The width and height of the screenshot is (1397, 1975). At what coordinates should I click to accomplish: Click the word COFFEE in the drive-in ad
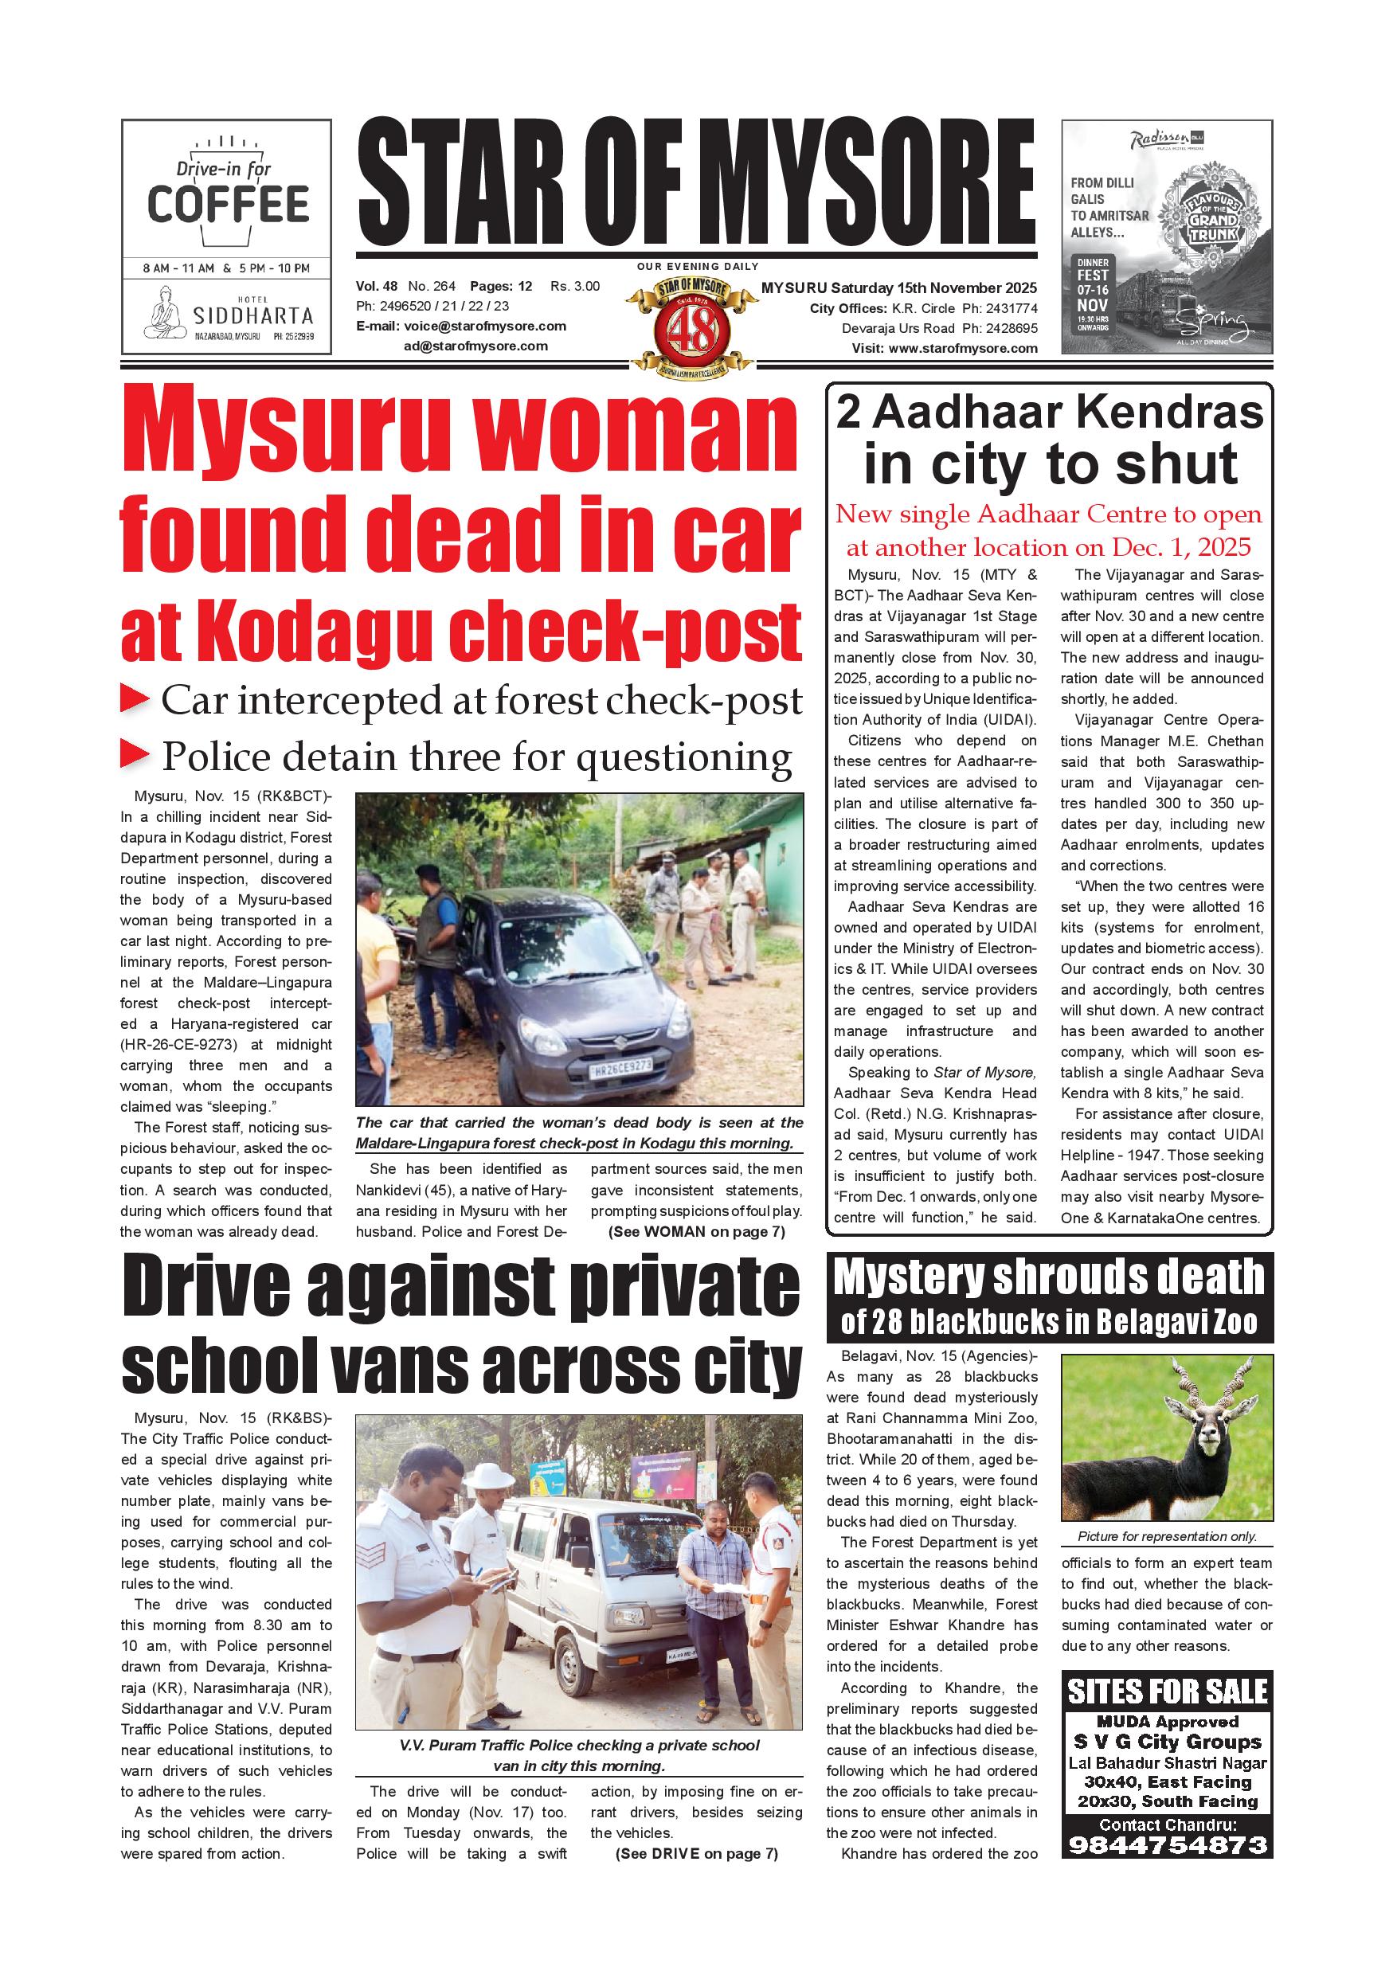pos(228,204)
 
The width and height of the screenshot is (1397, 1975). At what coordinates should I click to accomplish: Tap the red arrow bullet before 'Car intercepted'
pos(135,698)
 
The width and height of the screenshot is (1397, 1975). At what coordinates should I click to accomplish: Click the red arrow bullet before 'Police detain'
pos(135,754)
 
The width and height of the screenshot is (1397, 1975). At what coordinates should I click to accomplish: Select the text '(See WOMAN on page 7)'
pos(696,1231)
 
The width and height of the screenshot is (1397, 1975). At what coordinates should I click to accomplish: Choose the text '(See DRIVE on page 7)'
pos(696,1854)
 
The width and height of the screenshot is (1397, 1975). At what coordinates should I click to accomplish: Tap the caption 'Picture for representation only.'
pos(1167,1535)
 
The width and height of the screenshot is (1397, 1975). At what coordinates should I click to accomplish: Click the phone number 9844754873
pos(1168,1844)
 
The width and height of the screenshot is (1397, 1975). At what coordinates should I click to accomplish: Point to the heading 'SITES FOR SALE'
pos(1168,1691)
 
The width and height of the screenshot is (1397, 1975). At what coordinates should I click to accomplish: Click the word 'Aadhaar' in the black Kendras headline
pos(971,413)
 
